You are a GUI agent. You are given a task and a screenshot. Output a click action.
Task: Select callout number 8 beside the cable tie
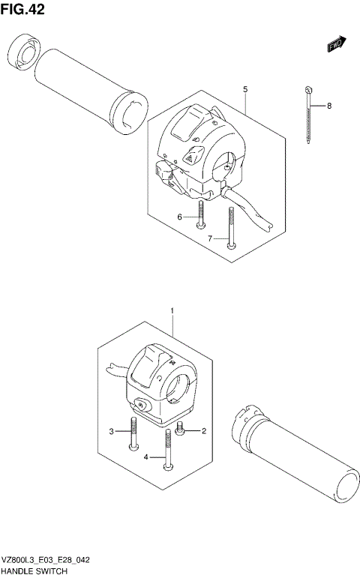coord(328,106)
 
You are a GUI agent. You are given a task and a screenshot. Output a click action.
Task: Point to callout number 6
coord(180,217)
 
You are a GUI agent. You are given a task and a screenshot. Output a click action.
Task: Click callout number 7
coord(211,238)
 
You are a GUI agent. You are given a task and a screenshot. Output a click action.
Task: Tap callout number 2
coord(203,431)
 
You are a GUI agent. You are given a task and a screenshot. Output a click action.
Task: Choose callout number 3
coord(111,431)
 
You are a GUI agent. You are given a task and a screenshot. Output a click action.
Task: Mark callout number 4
coord(147,457)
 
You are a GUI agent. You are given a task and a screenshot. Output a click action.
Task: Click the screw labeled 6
coord(200,213)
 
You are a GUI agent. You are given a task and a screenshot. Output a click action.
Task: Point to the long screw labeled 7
coord(231,228)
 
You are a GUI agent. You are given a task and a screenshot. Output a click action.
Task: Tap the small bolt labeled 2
coord(180,430)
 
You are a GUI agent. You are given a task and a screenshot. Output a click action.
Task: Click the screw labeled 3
coord(133,434)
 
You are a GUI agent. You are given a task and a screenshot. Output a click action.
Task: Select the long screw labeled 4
coord(169,453)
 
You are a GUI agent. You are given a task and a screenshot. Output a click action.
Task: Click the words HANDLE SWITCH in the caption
coord(34,571)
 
